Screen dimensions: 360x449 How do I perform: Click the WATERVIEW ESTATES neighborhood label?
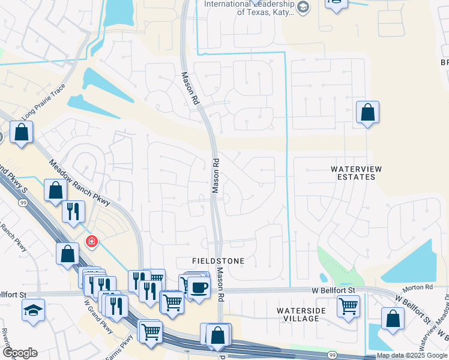[x=357, y=173]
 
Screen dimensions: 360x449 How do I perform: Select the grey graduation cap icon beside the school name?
[x=303, y=7]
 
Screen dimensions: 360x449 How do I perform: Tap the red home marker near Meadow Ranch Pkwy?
[x=91, y=242]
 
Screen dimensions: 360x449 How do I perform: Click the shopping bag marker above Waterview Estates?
[x=367, y=112]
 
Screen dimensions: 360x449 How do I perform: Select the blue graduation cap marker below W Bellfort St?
[x=32, y=310]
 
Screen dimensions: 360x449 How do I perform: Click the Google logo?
[x=19, y=353]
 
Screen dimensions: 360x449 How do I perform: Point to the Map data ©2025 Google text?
[x=412, y=356]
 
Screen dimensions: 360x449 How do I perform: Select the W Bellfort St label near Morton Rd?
[x=334, y=290]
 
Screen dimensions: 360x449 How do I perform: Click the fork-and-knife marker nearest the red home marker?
[x=73, y=211]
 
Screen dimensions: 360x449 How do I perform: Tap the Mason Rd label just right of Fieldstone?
[x=221, y=285]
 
